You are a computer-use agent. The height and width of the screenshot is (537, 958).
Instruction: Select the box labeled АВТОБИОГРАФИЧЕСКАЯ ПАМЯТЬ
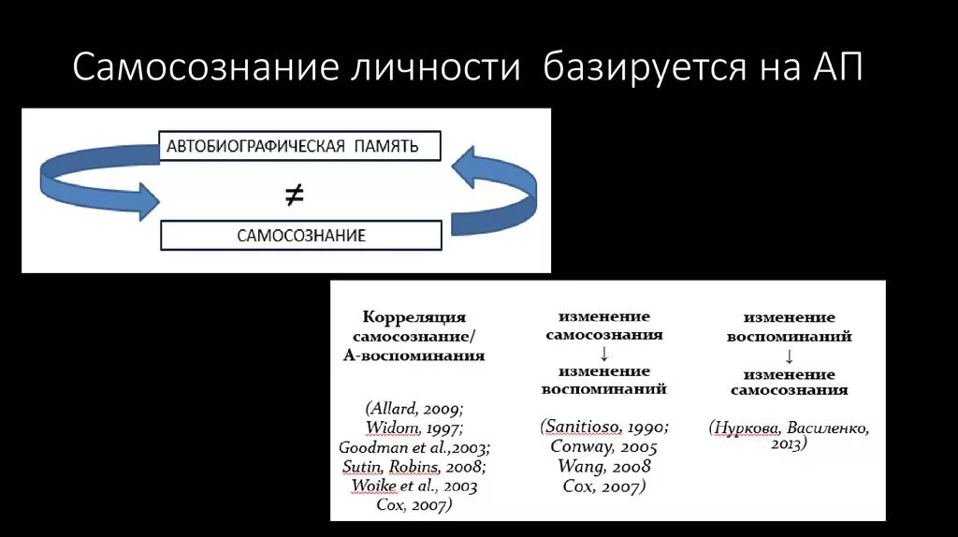[300, 147]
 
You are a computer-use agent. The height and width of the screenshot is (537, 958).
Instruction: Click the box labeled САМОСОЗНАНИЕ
[300, 235]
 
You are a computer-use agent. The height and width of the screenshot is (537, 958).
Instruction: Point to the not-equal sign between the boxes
[294, 194]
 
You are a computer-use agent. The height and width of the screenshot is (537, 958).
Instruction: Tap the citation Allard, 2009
[414, 409]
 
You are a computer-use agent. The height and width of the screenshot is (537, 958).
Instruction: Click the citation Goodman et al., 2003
[414, 446]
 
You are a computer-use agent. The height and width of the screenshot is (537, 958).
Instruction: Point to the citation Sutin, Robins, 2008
[414, 466]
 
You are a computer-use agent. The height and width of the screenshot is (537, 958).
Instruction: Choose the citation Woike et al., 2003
[414, 486]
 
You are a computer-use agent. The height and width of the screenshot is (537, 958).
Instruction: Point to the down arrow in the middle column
[604, 353]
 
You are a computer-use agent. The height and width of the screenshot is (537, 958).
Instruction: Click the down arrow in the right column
[789, 356]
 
